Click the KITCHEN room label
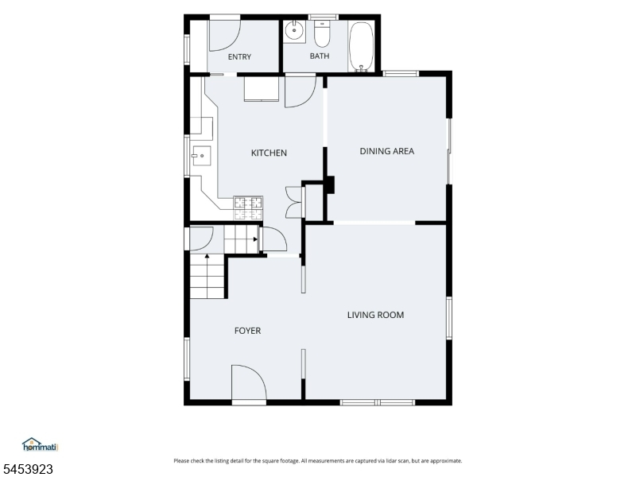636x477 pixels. (x=269, y=153)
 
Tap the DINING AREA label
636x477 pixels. (x=387, y=151)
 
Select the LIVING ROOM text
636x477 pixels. (x=375, y=315)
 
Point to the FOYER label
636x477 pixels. (x=247, y=331)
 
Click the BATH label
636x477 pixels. (x=320, y=56)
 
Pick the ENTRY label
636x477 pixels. (x=239, y=56)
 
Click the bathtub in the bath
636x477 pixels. (x=361, y=46)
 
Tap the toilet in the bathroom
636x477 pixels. (x=323, y=33)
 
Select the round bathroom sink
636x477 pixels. (x=293, y=30)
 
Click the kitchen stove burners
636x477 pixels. (x=248, y=208)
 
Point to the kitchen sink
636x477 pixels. (x=201, y=156)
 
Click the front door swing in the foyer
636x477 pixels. (x=249, y=382)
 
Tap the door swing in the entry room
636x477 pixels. (x=224, y=35)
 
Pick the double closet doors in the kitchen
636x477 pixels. (x=294, y=203)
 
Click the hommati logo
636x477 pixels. (x=41, y=445)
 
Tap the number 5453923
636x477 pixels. (x=26, y=469)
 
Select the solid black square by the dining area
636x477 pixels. (x=330, y=184)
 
